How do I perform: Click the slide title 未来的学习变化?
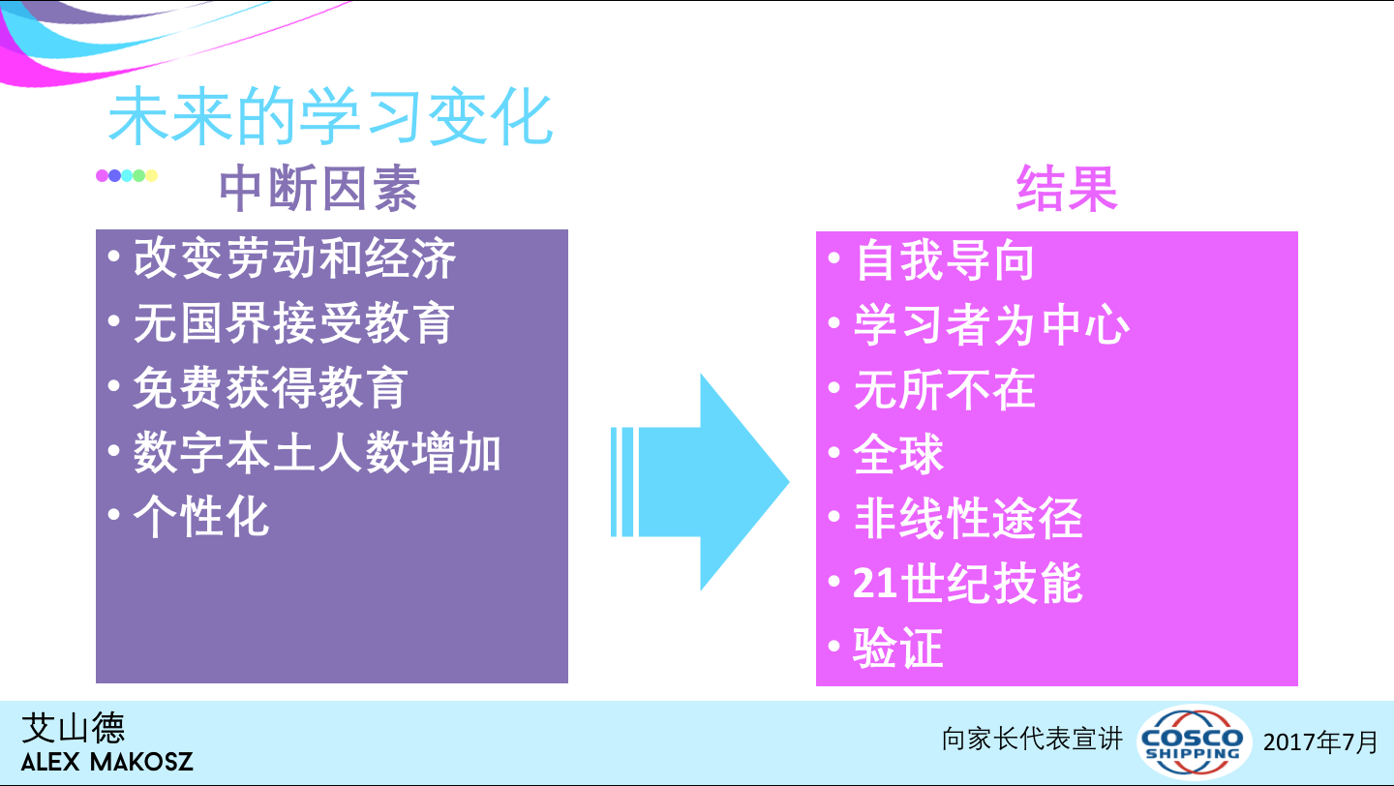point(330,116)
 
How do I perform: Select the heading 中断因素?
point(319,188)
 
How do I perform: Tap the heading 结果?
point(1067,188)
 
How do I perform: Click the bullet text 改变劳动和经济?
point(294,258)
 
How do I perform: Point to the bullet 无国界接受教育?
point(293,323)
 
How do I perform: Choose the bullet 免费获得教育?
point(271,387)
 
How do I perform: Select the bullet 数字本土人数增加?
point(317,452)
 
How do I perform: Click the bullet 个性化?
point(201,517)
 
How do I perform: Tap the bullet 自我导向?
point(945,260)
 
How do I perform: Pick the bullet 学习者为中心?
point(991,325)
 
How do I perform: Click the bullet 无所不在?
point(945,389)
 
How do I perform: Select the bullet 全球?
point(898,454)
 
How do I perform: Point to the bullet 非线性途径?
point(968,519)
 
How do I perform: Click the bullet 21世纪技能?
point(968,583)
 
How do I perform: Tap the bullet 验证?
point(898,648)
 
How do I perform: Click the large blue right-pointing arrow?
point(700,482)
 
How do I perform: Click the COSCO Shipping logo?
point(1193,741)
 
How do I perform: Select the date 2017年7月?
point(1320,741)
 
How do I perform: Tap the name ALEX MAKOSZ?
point(107,762)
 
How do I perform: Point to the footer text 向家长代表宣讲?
point(1032,740)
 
